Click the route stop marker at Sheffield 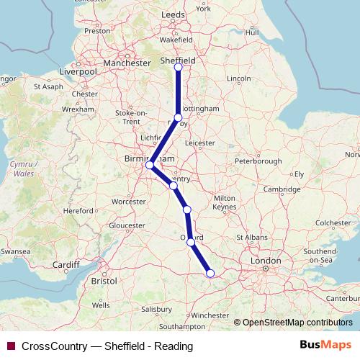tap(179, 67)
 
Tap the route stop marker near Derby tap(179, 117)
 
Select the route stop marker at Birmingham tap(150, 165)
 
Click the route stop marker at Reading tap(210, 273)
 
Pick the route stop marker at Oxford tap(191, 242)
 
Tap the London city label tap(266, 260)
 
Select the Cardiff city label tap(66, 264)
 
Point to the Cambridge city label tap(282, 189)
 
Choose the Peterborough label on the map tap(257, 161)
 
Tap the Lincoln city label tap(238, 78)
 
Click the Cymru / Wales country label tap(21, 168)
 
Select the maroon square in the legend tap(11, 346)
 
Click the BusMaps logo tap(325, 345)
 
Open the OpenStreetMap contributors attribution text tap(297, 322)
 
